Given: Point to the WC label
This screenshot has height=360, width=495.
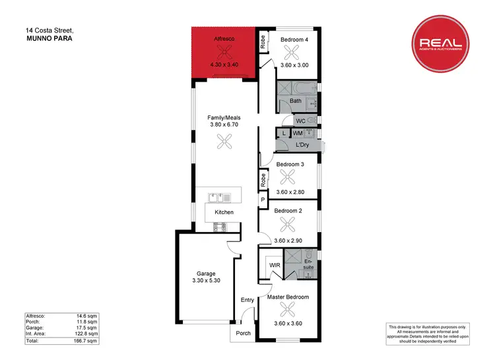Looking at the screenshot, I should point(300,121).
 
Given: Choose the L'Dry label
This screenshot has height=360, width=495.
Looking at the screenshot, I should point(304,144).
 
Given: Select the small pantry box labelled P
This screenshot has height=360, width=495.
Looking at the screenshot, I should point(262,200).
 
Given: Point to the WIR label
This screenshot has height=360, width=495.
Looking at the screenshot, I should point(275,265).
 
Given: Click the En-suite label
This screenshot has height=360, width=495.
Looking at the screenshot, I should point(308,264).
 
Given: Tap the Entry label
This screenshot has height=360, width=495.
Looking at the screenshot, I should point(247,300).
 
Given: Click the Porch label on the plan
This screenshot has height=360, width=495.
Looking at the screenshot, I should point(244,333).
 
